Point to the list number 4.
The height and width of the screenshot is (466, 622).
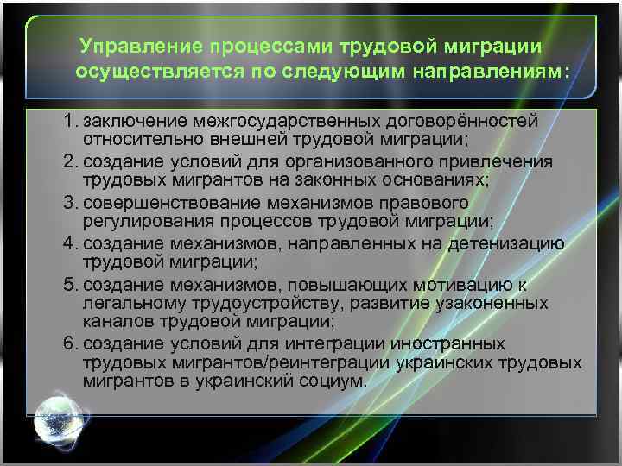pos(69,243)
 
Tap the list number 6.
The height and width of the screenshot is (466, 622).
pos(69,343)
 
